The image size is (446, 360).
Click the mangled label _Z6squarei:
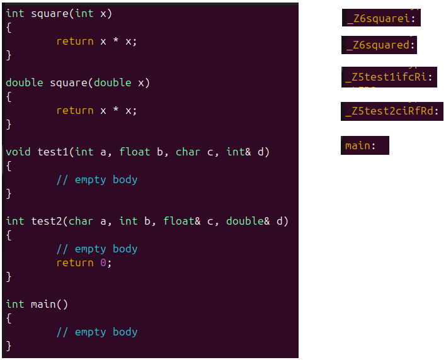point(381,18)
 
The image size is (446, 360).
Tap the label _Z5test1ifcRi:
point(389,78)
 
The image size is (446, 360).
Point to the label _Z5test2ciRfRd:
point(392,112)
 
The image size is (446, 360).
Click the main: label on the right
point(360,146)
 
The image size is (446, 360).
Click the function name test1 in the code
point(53,152)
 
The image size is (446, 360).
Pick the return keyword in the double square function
point(75,110)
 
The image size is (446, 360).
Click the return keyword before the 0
point(75,262)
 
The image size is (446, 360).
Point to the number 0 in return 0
point(103,262)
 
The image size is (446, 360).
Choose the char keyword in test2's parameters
point(81,221)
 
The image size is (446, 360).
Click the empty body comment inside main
point(97,332)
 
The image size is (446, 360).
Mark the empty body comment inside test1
point(97,179)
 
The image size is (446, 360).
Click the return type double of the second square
point(25,82)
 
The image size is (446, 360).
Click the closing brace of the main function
point(9,346)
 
